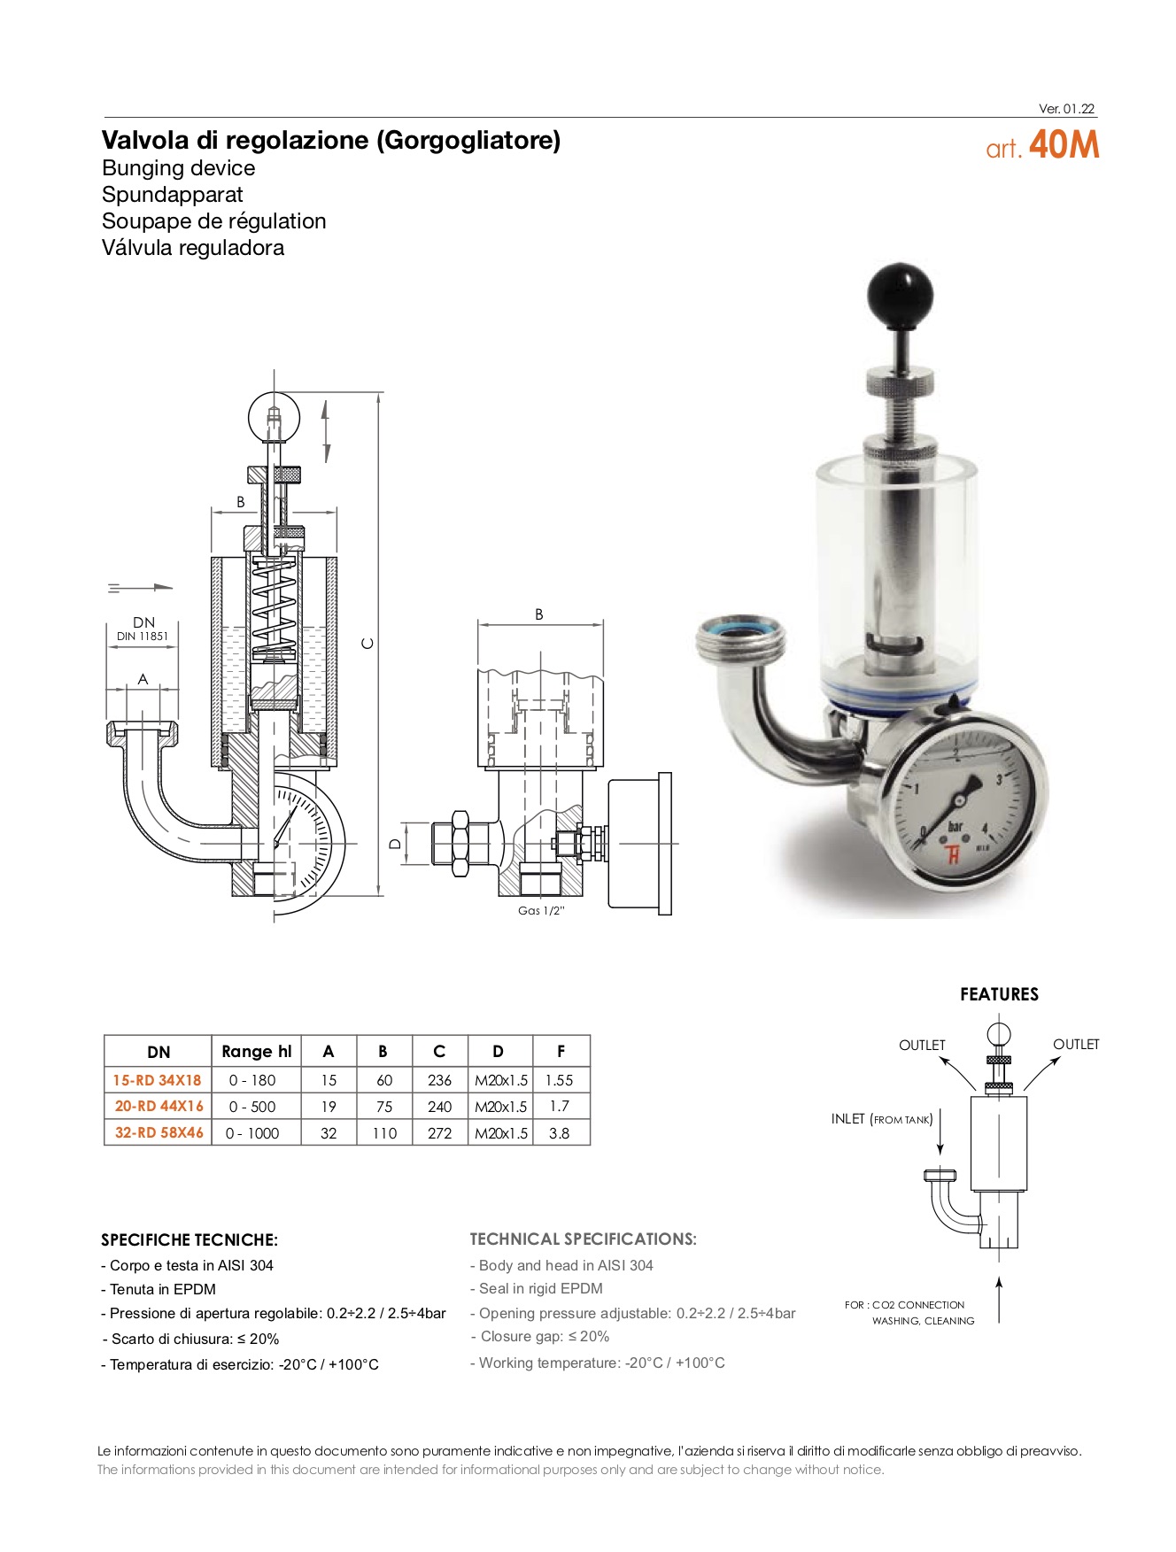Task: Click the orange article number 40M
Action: (1064, 145)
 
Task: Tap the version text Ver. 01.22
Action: (1066, 109)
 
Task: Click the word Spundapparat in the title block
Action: (172, 195)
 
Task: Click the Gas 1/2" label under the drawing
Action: (540, 911)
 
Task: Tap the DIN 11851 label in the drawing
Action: (143, 636)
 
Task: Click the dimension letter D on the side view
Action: (396, 844)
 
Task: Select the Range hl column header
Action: (256, 1052)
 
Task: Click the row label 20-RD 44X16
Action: (159, 1106)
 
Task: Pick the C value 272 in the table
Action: (439, 1133)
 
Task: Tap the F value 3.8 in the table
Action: (559, 1133)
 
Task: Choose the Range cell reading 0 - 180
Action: (251, 1080)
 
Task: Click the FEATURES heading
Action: (999, 994)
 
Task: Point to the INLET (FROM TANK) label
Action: (881, 1119)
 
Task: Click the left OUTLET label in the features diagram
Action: (922, 1045)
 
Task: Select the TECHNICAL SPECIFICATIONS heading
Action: (583, 1239)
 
